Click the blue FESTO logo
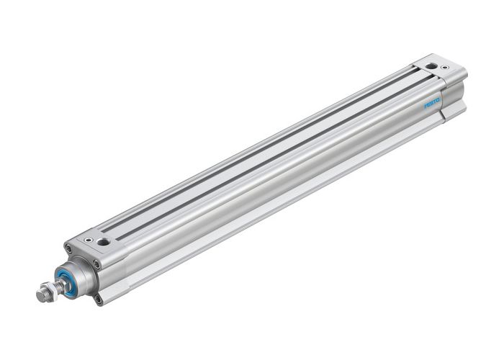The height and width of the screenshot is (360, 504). tap(432, 103)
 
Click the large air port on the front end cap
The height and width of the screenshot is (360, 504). tap(104, 242)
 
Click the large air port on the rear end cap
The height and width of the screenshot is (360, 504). tap(431, 66)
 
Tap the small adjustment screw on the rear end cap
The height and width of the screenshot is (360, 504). tap(446, 68)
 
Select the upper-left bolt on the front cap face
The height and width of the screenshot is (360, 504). tap(68, 249)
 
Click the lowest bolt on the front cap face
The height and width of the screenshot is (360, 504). tap(98, 295)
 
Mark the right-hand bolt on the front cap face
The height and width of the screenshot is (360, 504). tap(97, 264)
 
